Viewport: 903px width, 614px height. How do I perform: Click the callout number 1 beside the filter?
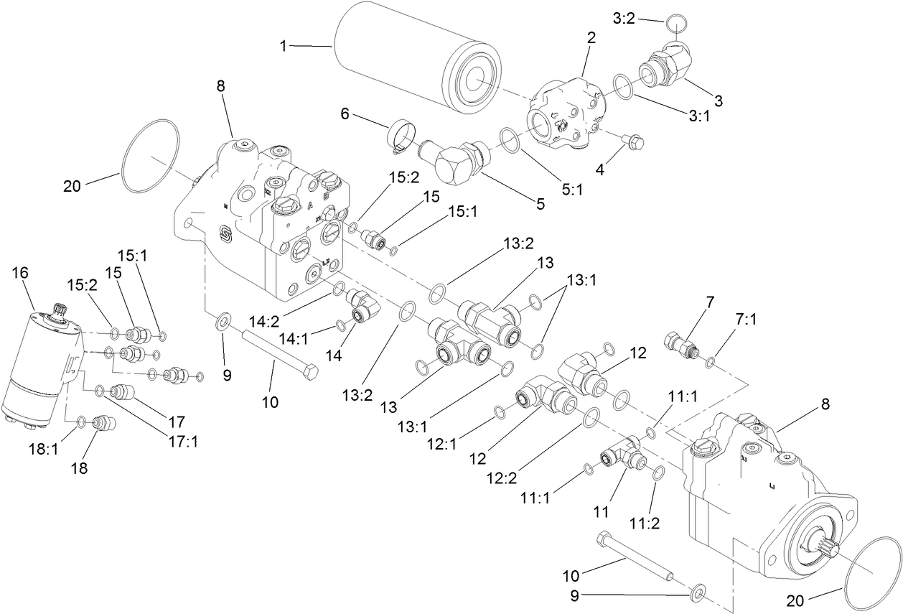click(x=284, y=45)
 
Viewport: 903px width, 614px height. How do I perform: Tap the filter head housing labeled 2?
click(x=567, y=111)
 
